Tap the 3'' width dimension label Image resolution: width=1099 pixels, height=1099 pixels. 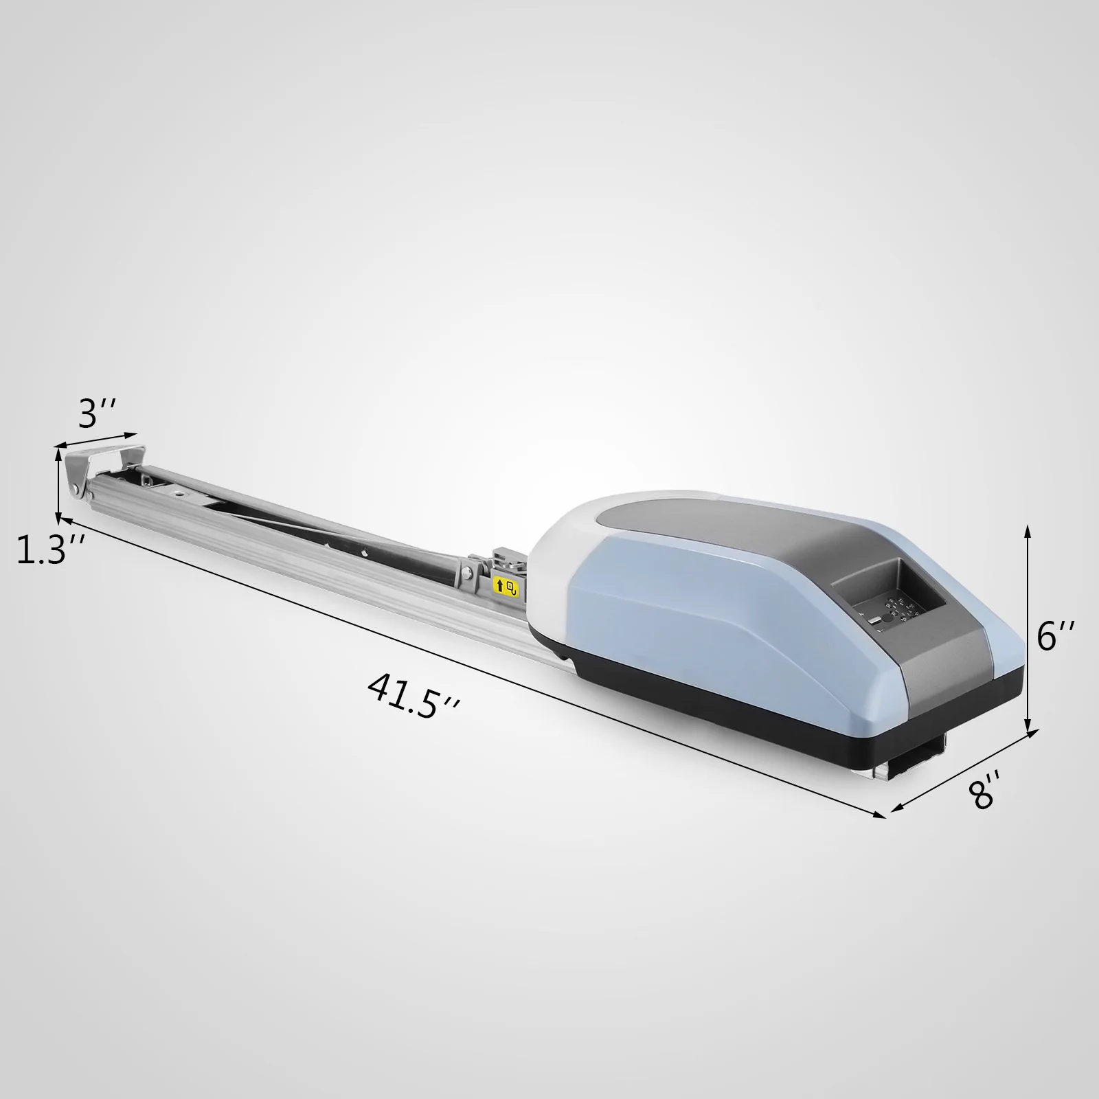coord(96,414)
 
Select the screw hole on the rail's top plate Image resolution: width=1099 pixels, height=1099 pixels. coord(180,492)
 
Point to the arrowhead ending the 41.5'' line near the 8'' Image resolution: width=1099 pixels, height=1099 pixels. coord(881,815)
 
